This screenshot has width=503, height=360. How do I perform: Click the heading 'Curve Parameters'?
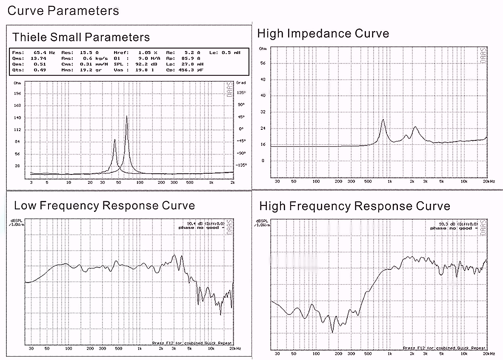coord(63,11)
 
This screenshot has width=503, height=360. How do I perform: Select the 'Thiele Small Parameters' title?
coord(81,37)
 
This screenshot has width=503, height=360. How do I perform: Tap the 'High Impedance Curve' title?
coord(323,33)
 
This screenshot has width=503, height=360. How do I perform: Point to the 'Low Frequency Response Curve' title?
coord(104,206)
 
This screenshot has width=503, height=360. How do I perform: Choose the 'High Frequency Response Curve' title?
coord(354,206)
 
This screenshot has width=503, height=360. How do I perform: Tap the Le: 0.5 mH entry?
coord(225,53)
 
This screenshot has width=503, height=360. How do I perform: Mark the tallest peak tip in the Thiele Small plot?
coord(126,116)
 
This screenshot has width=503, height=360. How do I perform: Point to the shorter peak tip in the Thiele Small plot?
coord(114,140)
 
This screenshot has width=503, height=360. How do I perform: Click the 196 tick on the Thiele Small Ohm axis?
coord(17,93)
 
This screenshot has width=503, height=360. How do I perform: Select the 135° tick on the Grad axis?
coord(241,92)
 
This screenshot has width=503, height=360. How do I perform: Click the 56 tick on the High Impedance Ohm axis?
coord(262,63)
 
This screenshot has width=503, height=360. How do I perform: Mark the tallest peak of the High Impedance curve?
coord(383,120)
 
